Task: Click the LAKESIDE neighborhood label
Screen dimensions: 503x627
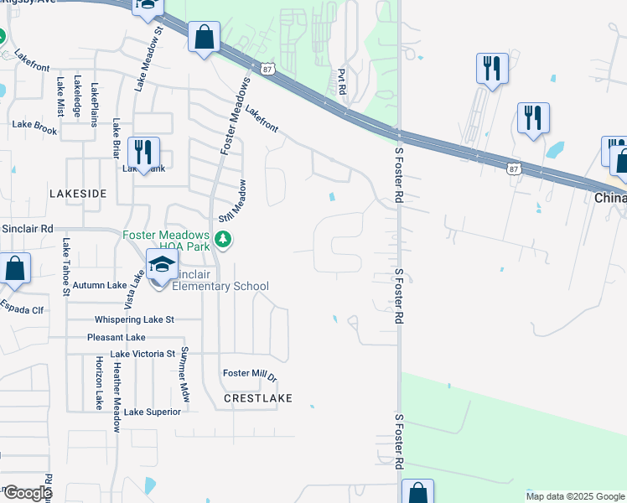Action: tap(78, 194)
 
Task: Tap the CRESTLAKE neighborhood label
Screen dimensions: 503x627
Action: tap(258, 398)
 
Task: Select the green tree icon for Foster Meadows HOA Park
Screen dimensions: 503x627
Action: tap(223, 241)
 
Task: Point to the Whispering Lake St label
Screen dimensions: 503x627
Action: tap(134, 319)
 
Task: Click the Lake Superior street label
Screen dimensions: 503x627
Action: tap(152, 412)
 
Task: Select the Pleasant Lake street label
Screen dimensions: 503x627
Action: tap(117, 337)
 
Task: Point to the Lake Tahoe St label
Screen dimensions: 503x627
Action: tap(65, 267)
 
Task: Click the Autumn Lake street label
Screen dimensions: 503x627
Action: tap(99, 285)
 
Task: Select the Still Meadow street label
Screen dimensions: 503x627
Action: tap(234, 201)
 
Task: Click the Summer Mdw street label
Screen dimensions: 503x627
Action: tap(184, 372)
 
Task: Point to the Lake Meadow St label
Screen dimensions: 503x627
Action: tap(140, 69)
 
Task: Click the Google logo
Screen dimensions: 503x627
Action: tap(27, 493)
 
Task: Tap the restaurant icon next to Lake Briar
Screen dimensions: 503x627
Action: tap(143, 152)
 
